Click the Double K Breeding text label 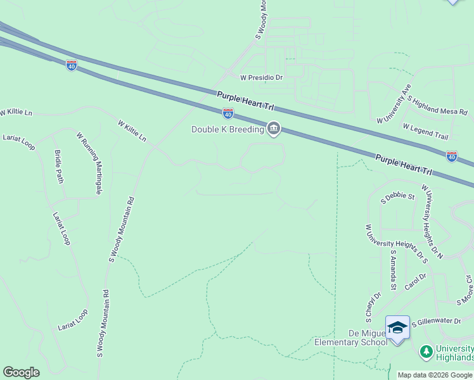[x=228, y=130]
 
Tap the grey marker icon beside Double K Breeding [x=274, y=129]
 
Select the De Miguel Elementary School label [x=350, y=338]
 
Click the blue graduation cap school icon [x=397, y=327]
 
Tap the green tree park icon [x=426, y=350]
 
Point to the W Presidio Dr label [x=261, y=77]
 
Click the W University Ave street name [x=394, y=103]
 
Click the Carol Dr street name [x=418, y=279]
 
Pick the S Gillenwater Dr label [x=437, y=322]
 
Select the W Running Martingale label [x=89, y=163]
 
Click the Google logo [x=21, y=372]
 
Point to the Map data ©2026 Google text [x=435, y=375]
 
